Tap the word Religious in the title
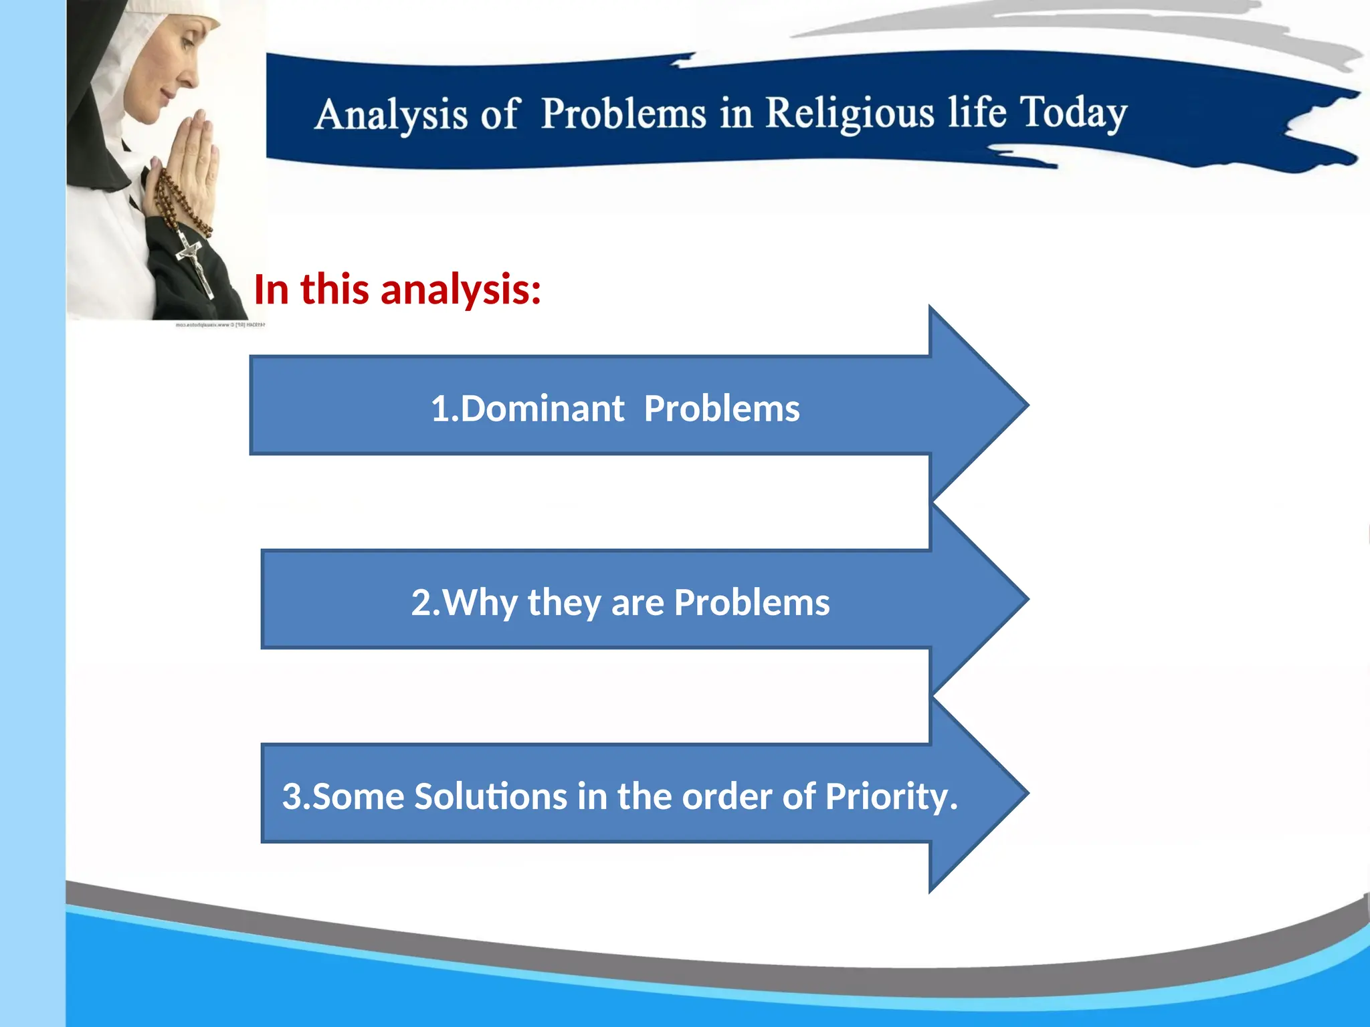[x=850, y=112]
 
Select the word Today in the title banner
[x=1073, y=112]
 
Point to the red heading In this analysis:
[x=397, y=290]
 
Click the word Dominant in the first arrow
[x=542, y=409]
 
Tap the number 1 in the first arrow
[x=439, y=409]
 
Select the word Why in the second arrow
[x=480, y=602]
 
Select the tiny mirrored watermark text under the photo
[x=220, y=325]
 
